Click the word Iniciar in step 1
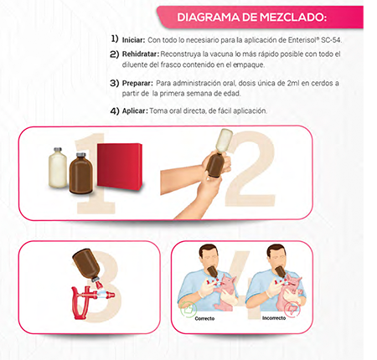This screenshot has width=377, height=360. [133, 39]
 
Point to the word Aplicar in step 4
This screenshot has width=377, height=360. [134, 111]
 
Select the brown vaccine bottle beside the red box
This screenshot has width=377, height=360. [81, 171]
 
